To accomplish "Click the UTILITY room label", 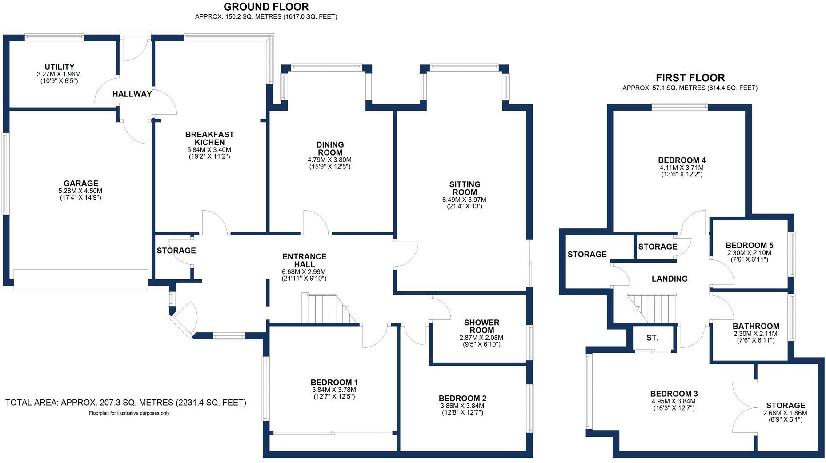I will click(59, 67).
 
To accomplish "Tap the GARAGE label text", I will click(80, 184).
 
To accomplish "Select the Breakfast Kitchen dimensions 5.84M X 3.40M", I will click(209, 150).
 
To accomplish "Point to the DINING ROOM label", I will click(330, 148).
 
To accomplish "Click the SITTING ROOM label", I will click(465, 188).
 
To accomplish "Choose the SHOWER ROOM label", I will click(481, 326).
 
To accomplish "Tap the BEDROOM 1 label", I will click(334, 383).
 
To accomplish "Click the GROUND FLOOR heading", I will click(266, 7).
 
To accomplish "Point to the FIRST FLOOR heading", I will click(690, 78).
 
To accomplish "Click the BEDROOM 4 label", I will click(682, 160).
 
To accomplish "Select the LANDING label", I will click(670, 279).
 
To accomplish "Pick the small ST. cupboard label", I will click(652, 338).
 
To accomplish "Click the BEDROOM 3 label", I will click(674, 394).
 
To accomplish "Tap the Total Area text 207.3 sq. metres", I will click(125, 403).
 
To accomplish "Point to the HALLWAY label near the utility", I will click(132, 94).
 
